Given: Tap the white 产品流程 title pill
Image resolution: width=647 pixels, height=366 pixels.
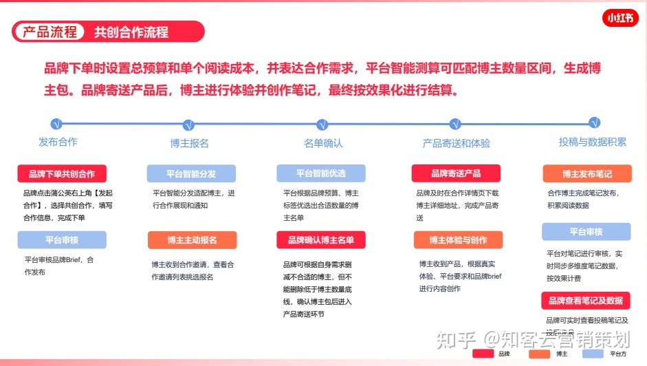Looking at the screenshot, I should (50, 32).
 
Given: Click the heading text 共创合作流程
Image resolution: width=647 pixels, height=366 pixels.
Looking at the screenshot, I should (131, 32).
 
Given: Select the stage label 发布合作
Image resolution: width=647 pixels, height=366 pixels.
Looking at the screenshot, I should (58, 142).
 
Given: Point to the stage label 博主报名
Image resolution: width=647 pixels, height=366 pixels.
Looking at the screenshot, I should (189, 144).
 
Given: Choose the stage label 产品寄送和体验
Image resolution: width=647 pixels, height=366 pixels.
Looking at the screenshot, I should (456, 144).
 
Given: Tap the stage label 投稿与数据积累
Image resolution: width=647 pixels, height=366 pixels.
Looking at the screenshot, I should (593, 142).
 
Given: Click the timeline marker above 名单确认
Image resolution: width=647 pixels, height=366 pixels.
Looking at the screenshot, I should (321, 125).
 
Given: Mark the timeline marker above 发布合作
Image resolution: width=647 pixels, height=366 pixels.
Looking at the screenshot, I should (56, 124).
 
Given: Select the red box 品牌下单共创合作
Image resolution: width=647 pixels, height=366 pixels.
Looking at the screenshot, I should (62, 174).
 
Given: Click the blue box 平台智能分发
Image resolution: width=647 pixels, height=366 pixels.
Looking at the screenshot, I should (191, 174).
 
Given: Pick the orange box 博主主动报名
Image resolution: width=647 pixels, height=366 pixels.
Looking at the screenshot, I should (192, 240).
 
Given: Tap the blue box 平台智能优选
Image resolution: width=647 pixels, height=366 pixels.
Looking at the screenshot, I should (321, 173).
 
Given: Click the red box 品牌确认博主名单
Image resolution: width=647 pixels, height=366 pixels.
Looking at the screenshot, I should (321, 240).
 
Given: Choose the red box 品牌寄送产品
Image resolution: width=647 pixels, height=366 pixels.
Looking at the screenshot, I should (456, 173).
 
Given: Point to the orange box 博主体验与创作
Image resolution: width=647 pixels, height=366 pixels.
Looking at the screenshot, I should (458, 240).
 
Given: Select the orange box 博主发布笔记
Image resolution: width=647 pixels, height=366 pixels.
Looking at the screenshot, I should (586, 173).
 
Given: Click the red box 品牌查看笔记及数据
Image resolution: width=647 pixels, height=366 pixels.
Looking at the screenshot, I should (586, 301).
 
